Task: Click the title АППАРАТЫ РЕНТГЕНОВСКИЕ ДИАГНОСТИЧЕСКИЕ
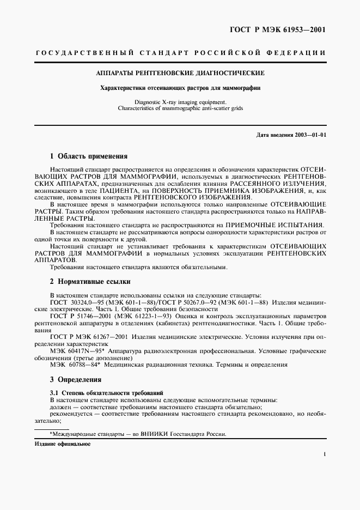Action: tap(180, 72)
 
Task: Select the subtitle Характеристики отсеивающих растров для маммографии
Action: tap(180, 88)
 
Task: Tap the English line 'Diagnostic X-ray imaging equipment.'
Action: tap(180, 102)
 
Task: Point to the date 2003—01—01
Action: tap(308, 134)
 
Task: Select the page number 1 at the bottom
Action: tap(325, 454)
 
